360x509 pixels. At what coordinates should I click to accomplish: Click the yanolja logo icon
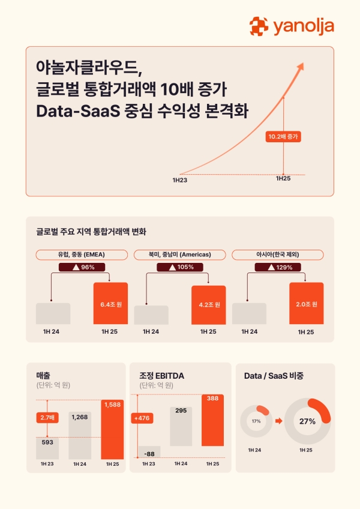tap(259, 26)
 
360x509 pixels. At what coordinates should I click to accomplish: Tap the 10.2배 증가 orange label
tap(283, 136)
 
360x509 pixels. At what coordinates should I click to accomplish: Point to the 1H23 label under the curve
tap(179, 179)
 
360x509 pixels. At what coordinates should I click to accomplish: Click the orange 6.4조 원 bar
tap(111, 303)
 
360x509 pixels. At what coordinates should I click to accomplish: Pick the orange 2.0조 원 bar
tap(306, 303)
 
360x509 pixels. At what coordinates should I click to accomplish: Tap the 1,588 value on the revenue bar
tap(112, 405)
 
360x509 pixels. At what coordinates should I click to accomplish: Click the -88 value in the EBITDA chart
tap(149, 454)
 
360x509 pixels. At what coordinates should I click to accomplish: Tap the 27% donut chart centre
tap(308, 421)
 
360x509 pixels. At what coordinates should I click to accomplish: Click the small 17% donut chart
tap(256, 421)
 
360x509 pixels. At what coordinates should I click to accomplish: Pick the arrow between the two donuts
tap(280, 421)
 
